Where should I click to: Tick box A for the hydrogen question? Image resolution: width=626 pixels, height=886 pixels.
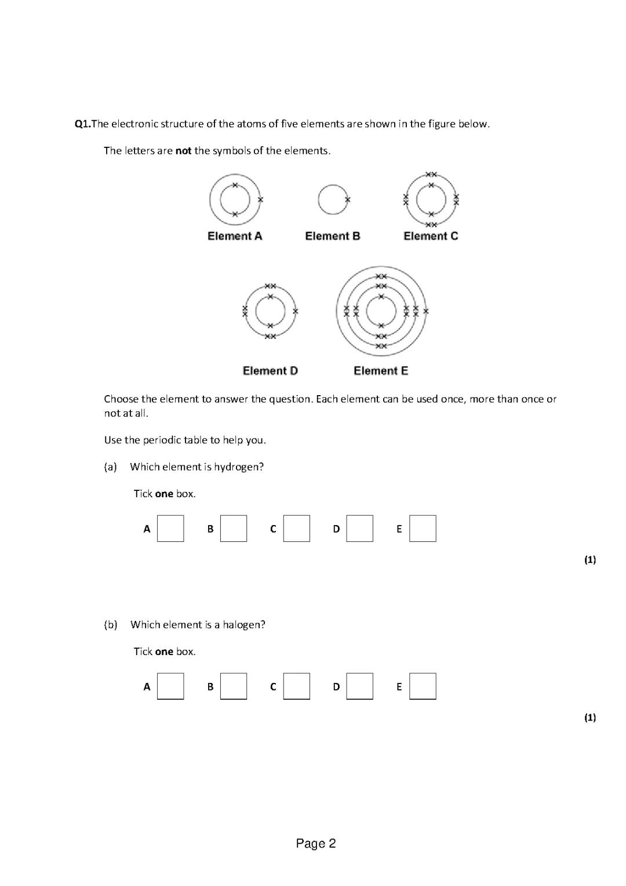coord(170,529)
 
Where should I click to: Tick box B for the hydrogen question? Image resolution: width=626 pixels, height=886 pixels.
coord(234,529)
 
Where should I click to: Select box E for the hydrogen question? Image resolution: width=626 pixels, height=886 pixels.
coord(423,529)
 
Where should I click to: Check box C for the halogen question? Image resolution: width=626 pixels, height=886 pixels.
coord(297,686)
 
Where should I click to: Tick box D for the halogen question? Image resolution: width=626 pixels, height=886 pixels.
coord(359,686)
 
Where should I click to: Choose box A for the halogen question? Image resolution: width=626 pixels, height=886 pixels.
coord(170,686)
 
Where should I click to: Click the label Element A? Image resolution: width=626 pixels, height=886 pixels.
coord(235,236)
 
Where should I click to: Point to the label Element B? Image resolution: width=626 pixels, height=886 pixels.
coord(333,236)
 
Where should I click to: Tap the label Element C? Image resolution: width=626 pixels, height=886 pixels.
coord(431,236)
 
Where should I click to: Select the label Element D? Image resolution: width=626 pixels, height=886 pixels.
coord(270,371)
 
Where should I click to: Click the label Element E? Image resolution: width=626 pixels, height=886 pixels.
coord(381,371)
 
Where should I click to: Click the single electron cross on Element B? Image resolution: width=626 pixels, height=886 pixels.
coord(348,200)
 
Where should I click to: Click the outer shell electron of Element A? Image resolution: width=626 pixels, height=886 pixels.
coord(260,200)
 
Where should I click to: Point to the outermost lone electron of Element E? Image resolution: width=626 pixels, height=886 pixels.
coord(426,312)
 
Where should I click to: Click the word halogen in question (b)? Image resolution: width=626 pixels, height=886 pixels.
coord(243,625)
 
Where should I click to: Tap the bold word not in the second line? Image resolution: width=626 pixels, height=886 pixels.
coord(183,151)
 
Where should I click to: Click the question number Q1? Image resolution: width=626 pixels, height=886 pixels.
coord(83,124)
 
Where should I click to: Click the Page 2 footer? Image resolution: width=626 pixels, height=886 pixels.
coord(316,844)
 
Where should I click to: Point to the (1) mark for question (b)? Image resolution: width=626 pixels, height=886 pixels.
coord(590,718)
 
